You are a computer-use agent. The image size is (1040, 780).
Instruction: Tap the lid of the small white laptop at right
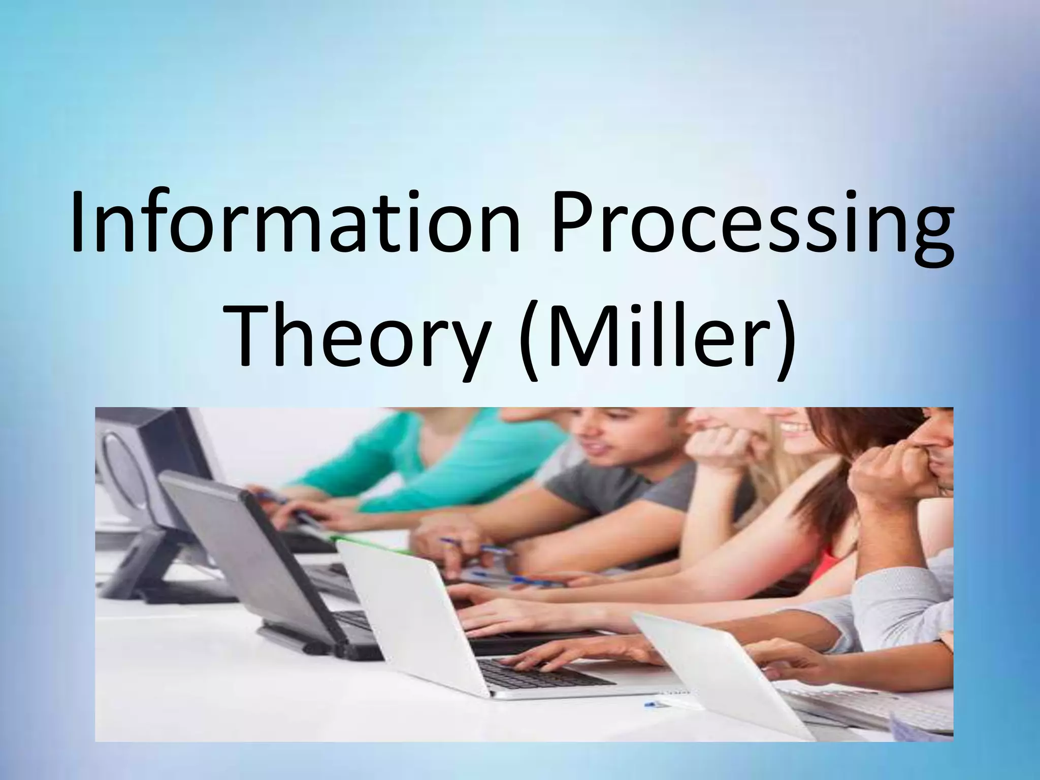706,670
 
